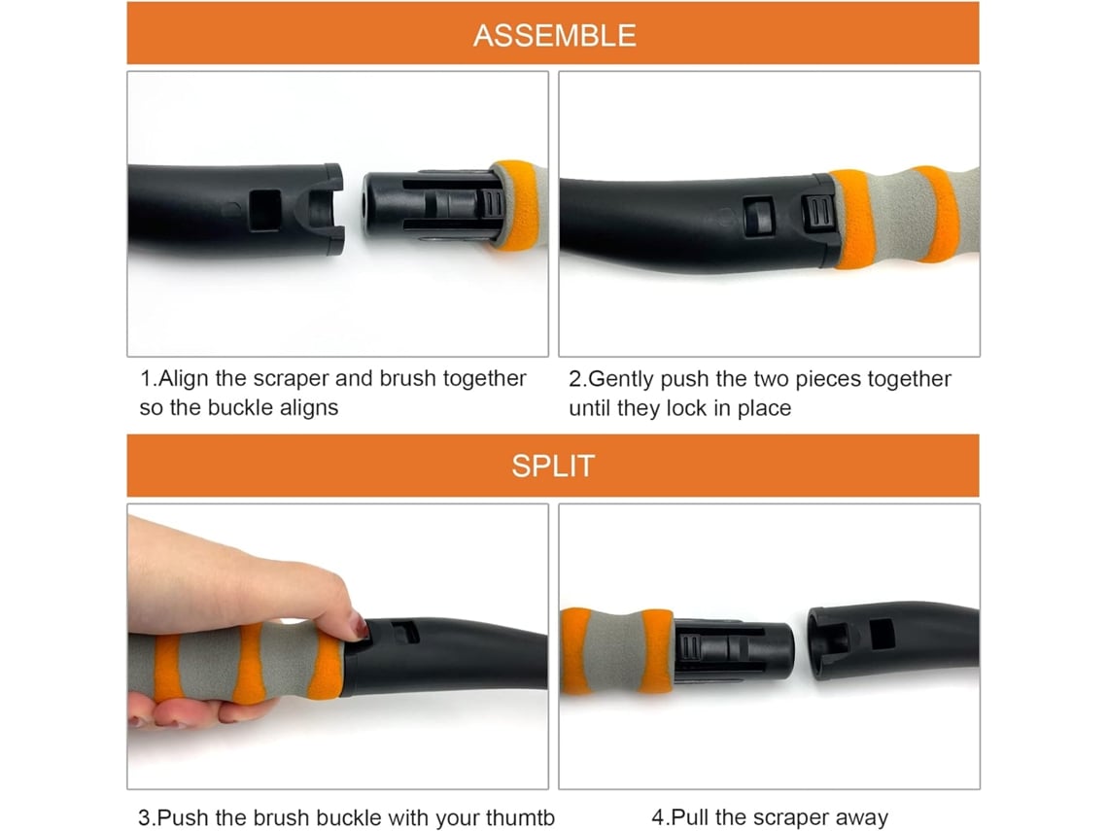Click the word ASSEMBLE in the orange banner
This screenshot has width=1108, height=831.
[554, 35]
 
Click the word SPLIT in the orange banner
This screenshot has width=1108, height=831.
[553, 466]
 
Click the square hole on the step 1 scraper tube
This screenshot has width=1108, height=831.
[265, 210]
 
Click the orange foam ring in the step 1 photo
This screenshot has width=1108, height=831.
[516, 205]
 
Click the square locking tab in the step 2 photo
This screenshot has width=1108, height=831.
[759, 216]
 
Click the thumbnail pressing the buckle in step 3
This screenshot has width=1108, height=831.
[359, 626]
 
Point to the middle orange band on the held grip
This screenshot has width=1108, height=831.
[250, 664]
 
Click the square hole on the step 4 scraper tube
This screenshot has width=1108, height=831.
[882, 633]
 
